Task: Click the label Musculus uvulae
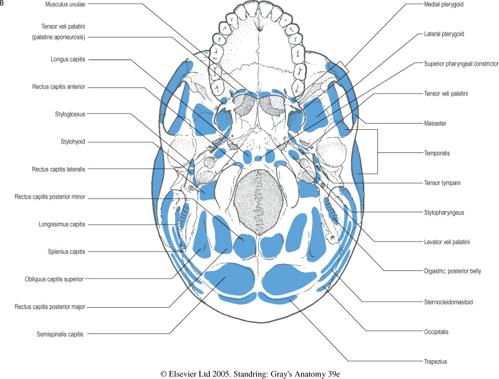pyautogui.click(x=65, y=4)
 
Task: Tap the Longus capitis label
pyautogui.click(x=68, y=59)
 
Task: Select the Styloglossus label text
pyautogui.click(x=70, y=114)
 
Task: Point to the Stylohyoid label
pyautogui.click(x=73, y=142)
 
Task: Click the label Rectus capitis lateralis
pyautogui.click(x=59, y=169)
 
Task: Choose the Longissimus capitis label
pyautogui.click(x=62, y=224)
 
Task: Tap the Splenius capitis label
pyautogui.click(x=67, y=252)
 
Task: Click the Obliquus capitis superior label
pyautogui.click(x=54, y=279)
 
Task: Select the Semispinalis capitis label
pyautogui.click(x=60, y=335)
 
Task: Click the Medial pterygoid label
pyautogui.click(x=443, y=4)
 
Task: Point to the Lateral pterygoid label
pyautogui.click(x=444, y=34)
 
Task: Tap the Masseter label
pyautogui.click(x=435, y=123)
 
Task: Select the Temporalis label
pyautogui.click(x=437, y=153)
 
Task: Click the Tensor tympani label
pyautogui.click(x=442, y=183)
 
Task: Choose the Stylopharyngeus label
pyautogui.click(x=444, y=212)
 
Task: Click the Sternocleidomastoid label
pyautogui.click(x=448, y=302)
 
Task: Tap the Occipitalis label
pyautogui.click(x=436, y=332)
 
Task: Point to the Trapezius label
pyautogui.click(x=435, y=362)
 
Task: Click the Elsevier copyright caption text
pyautogui.click(x=250, y=374)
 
